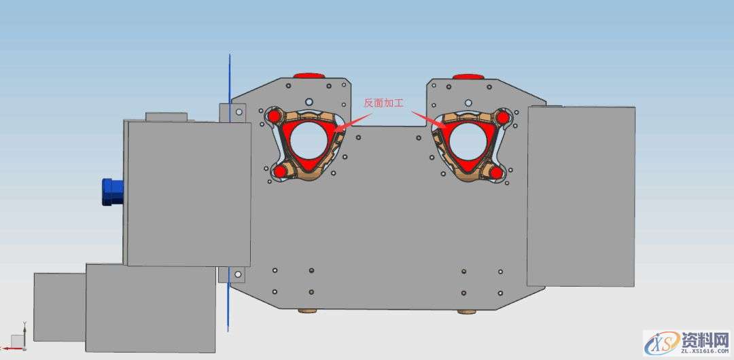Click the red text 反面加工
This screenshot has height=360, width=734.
pos(383,103)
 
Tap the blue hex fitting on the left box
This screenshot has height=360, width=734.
pos(112,192)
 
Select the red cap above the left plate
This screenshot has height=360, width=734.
pos(309,75)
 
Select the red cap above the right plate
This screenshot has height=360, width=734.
pos(468,76)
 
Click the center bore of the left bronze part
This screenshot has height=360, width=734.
pos(308,139)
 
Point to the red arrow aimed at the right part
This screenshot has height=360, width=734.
pos(430,120)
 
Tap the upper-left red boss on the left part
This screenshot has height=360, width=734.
pos(275,115)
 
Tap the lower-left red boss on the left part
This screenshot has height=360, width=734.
pos(280,172)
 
